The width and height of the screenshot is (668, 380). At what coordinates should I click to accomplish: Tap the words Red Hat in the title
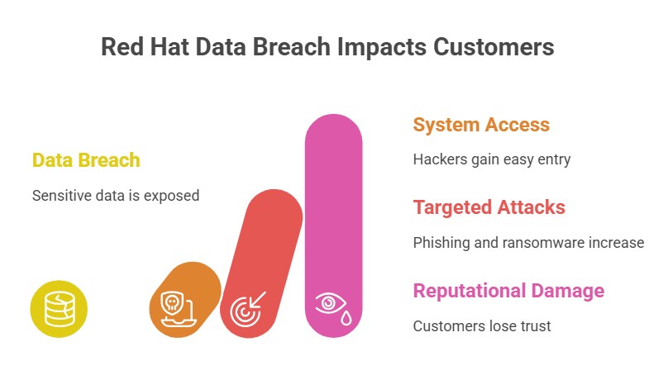[x=145, y=46]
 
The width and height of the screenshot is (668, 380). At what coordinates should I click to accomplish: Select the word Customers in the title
[x=494, y=46]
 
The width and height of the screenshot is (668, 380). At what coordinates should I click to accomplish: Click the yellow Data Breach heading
[x=86, y=160]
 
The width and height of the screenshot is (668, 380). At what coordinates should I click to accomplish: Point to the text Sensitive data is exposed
[x=116, y=196]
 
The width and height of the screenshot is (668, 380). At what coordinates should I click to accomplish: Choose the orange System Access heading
[x=481, y=125]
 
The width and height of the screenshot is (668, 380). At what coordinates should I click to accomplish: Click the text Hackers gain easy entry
[x=492, y=159]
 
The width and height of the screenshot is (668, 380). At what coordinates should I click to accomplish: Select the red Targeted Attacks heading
[x=489, y=207]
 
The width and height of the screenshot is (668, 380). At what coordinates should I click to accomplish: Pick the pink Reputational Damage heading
[x=508, y=291]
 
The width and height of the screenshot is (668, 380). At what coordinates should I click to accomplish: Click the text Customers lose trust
[x=482, y=326]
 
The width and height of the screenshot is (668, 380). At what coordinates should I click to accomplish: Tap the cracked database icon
[x=60, y=309]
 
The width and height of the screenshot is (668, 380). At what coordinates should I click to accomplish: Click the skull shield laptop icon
[x=178, y=308]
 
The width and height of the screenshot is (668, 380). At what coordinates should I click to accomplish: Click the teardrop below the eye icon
[x=346, y=317]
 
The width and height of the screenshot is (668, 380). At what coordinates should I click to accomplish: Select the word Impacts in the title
[x=382, y=46]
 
